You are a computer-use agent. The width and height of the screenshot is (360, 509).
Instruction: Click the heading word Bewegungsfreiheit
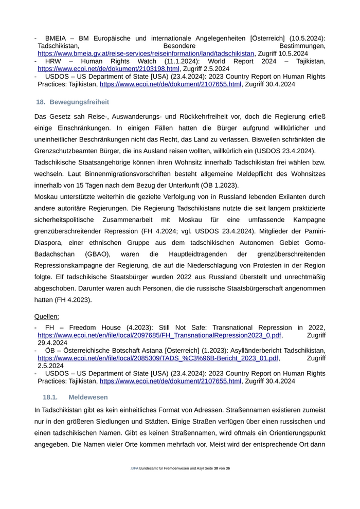click(79, 102)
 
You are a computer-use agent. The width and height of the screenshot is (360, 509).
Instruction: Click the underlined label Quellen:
click(46, 316)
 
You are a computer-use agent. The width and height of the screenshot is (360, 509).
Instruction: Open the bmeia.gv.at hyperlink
click(146, 53)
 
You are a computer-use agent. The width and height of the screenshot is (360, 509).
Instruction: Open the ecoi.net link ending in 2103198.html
click(109, 68)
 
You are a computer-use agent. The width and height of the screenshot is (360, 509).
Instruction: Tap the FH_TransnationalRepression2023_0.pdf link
click(159, 335)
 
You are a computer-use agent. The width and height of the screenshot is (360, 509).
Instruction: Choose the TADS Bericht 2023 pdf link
click(158, 358)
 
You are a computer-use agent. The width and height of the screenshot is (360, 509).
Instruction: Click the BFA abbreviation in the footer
click(135, 468)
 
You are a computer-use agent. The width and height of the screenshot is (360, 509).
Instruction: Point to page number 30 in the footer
click(215, 468)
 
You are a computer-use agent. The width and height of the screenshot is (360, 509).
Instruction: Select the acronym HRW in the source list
click(54, 61)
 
